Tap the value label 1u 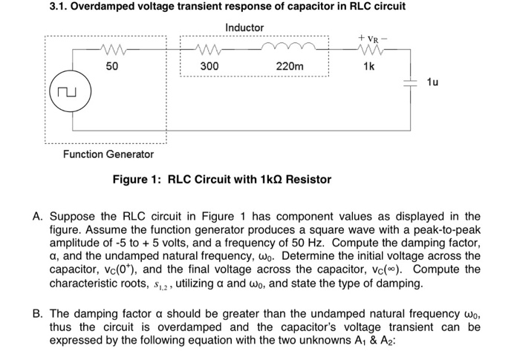coord(433,82)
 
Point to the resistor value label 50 coord(113,67)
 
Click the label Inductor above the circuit coord(244,27)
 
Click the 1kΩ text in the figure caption coord(261,180)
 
